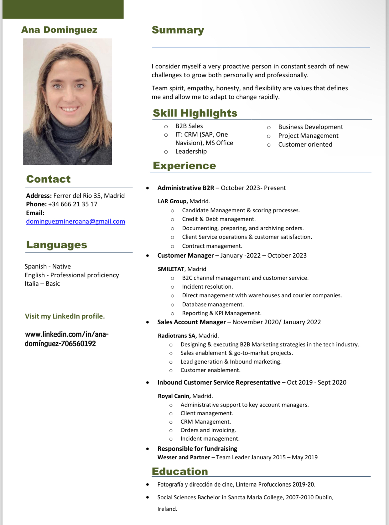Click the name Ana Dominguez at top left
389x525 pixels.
59,30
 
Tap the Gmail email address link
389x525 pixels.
75,221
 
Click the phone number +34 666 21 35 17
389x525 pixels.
73,204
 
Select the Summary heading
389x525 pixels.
178,30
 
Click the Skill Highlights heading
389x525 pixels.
195,113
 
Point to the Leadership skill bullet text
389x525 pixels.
191,151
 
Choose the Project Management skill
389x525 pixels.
308,136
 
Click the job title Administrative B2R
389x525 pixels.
186,188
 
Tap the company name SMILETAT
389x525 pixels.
171,269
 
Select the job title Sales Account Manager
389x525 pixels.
191,322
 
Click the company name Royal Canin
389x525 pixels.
174,396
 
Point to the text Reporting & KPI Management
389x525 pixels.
221,313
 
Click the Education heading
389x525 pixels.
180,471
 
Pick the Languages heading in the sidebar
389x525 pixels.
56,245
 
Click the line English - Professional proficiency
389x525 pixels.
72,275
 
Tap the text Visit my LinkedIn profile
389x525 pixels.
65,316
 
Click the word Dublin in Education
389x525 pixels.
324,497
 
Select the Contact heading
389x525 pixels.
48,179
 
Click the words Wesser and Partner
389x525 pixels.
184,457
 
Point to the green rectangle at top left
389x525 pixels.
63,9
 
